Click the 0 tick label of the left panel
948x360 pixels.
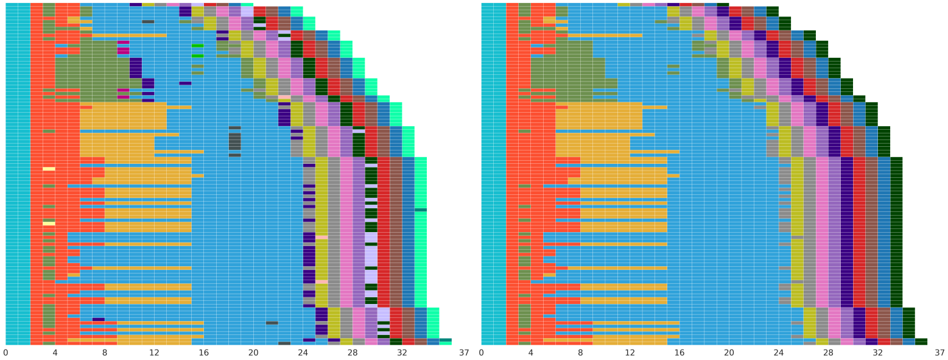[x=5, y=353]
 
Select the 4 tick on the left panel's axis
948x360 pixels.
[x=55, y=353]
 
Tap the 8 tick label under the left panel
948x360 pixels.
[x=105, y=353]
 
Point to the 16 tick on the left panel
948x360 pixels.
[x=204, y=353]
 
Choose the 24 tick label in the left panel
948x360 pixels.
[x=303, y=353]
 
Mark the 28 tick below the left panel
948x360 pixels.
[x=353, y=353]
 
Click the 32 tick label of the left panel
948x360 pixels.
[x=402, y=353]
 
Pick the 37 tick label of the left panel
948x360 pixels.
[x=464, y=353]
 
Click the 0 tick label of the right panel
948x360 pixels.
[x=482, y=353]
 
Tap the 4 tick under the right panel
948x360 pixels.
[x=531, y=353]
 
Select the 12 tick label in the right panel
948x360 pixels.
[x=630, y=353]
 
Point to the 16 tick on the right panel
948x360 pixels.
[x=679, y=353]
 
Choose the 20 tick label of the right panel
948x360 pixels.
[x=729, y=353]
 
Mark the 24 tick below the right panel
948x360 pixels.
[x=779, y=353]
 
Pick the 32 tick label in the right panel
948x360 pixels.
[x=878, y=353]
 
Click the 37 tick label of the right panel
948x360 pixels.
[x=940, y=353]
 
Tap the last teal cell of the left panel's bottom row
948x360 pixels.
[x=446, y=340]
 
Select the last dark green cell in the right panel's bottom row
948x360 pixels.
[x=921, y=342]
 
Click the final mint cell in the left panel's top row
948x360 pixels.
[x=297, y=12]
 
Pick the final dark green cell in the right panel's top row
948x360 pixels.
[x=773, y=12]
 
